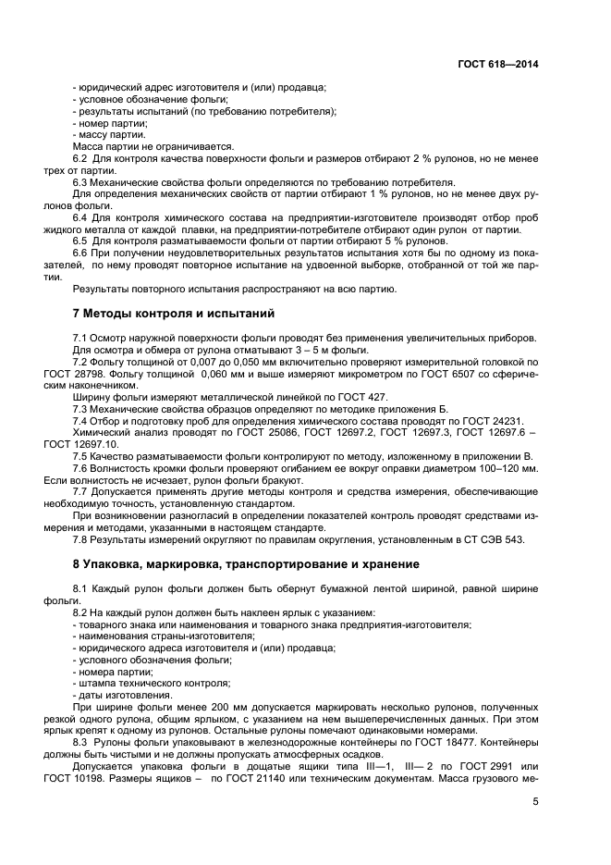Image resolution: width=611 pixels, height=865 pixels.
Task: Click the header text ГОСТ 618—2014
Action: click(497, 65)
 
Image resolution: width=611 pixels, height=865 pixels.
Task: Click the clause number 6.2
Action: click(79, 158)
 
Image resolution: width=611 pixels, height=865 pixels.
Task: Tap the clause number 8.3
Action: click(80, 743)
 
